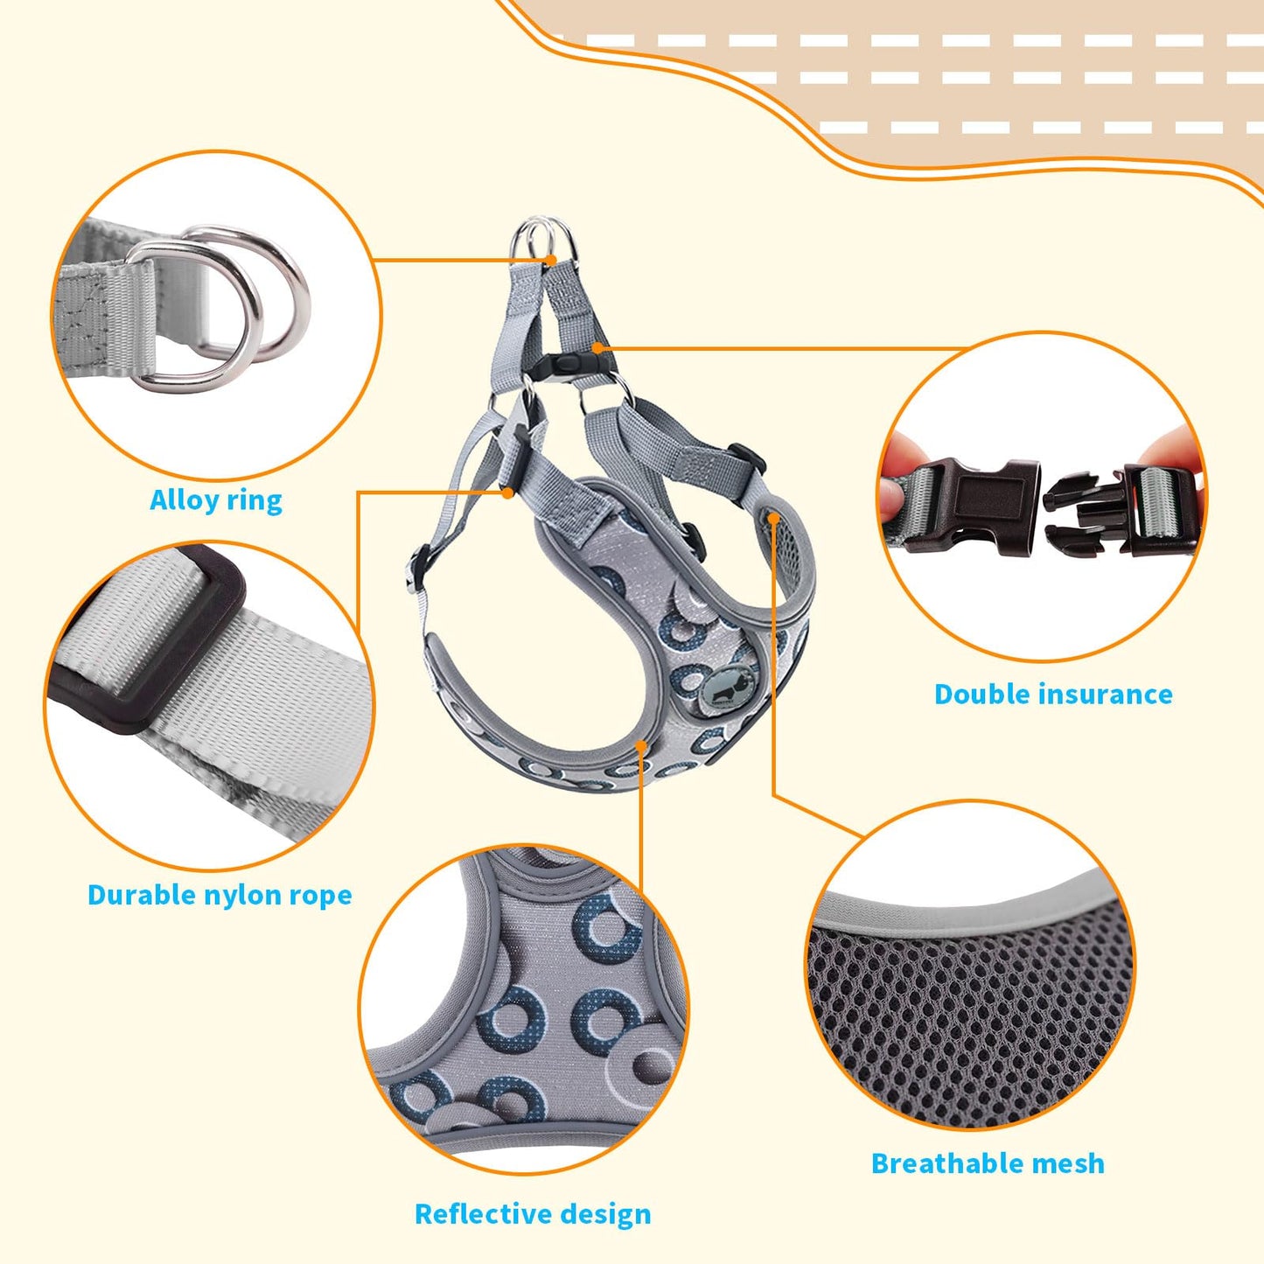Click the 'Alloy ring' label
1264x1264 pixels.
tap(216, 500)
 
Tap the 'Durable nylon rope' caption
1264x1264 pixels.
tap(220, 895)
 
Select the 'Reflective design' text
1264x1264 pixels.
tap(533, 1214)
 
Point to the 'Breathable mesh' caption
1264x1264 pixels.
tap(988, 1163)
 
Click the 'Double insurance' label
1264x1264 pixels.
tap(1053, 695)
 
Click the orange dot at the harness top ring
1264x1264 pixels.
tap(550, 260)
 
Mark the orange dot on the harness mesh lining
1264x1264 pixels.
tap(773, 518)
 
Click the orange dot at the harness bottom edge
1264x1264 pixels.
tap(641, 745)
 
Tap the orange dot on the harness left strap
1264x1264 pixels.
tap(507, 492)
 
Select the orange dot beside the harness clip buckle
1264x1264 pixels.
tap(597, 347)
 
